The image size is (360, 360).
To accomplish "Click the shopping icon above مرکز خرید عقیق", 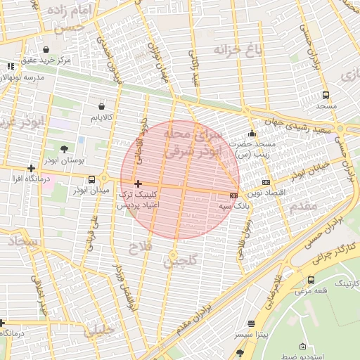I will (46, 50).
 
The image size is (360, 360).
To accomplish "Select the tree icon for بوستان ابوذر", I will (65, 148).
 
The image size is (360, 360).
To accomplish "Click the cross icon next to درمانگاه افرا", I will (31, 168).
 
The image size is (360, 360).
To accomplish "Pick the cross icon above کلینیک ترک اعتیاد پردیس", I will (138, 183).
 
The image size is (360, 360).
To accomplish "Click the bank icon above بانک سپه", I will (233, 195).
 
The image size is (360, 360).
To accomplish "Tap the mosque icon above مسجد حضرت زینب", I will (252, 134).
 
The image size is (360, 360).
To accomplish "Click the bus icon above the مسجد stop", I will (326, 95).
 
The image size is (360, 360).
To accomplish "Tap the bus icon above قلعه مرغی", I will (311, 280).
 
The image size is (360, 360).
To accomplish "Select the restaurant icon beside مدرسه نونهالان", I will (10, 66).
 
